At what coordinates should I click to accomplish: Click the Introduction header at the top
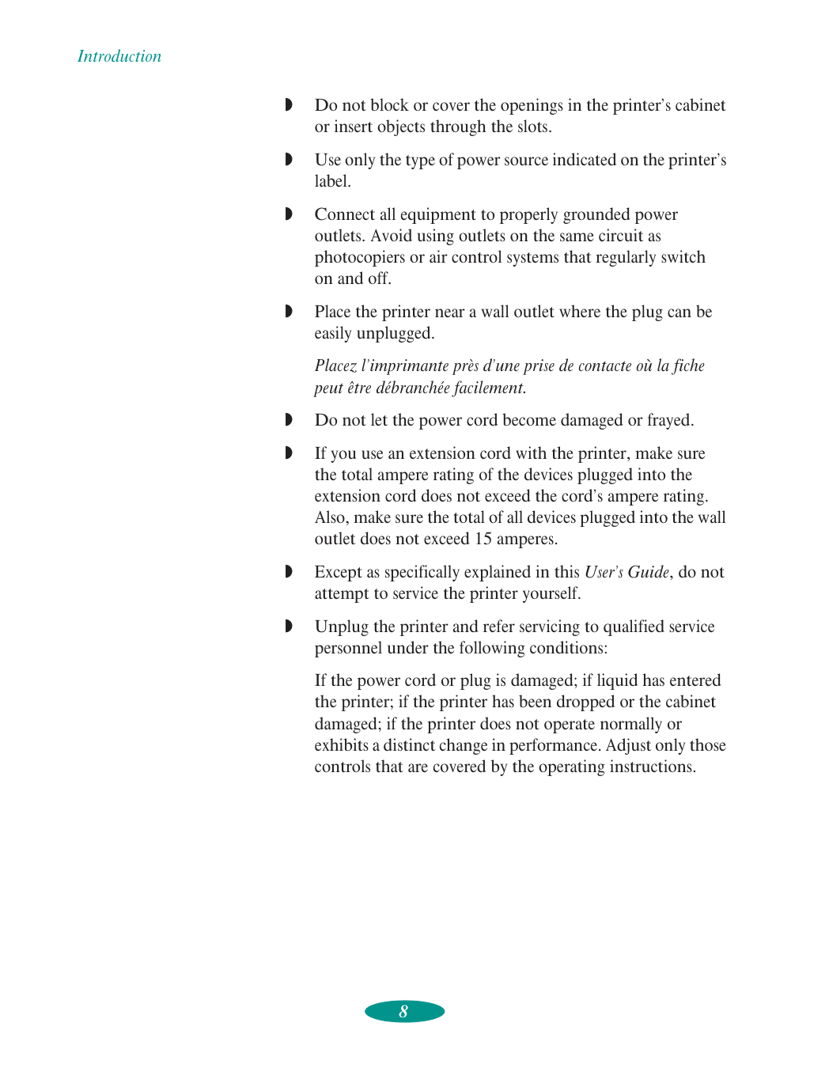pyautogui.click(x=119, y=56)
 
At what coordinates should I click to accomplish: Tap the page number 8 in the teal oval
pyautogui.click(x=403, y=1011)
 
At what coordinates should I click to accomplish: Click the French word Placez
pyautogui.click(x=335, y=365)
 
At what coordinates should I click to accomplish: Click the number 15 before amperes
pyautogui.click(x=483, y=539)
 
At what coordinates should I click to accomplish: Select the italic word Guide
pyautogui.click(x=648, y=572)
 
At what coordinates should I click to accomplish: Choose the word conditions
pyautogui.click(x=570, y=648)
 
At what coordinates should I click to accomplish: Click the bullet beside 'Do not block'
pyautogui.click(x=289, y=104)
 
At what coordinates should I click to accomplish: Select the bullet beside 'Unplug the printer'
pyautogui.click(x=289, y=626)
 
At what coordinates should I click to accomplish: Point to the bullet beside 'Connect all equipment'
pyautogui.click(x=289, y=214)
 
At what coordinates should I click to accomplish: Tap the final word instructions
pyautogui.click(x=650, y=767)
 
